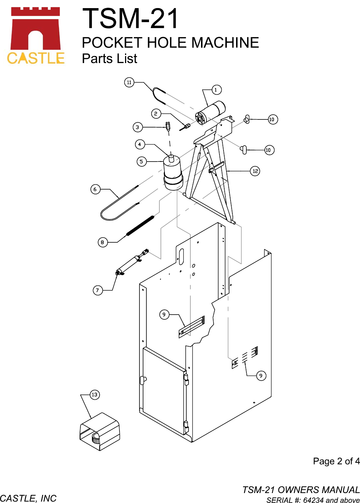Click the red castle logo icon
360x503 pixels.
coord(35,28)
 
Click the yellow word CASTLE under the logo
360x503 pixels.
coord(36,58)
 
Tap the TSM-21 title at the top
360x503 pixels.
coord(130,18)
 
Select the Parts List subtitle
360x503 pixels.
coord(110,59)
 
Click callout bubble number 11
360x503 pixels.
coord(129,82)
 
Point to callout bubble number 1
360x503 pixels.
coord(216,90)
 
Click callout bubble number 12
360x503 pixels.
coord(255,171)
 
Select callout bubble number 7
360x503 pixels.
coord(98,290)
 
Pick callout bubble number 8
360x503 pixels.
coord(103,242)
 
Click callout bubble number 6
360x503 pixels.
coord(95,189)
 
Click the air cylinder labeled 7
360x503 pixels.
coord(132,262)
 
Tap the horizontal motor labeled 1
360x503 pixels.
coord(210,112)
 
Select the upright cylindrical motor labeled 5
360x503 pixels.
coord(173,172)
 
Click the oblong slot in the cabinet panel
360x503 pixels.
coord(181,257)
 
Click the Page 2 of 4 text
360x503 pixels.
coord(336,461)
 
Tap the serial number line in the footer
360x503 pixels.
coord(313,500)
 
